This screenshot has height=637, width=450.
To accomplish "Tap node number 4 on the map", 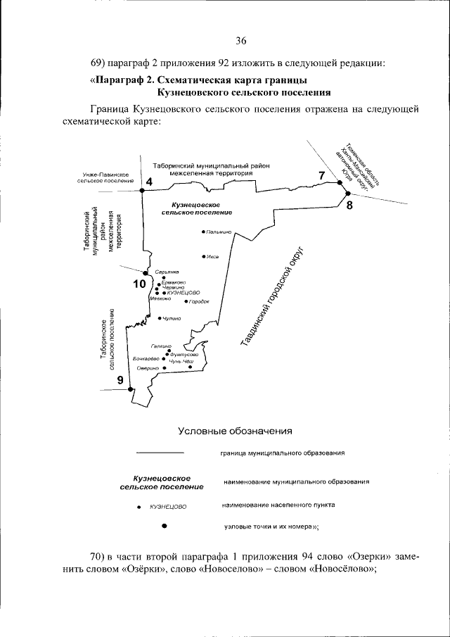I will pos(148,182).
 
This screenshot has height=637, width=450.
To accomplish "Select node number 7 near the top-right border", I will pos(322,175).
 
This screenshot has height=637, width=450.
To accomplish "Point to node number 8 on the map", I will pos(349,206).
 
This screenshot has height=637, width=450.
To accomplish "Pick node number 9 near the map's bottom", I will pos(120,380).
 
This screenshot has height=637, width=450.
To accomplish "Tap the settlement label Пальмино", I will pos(219,232).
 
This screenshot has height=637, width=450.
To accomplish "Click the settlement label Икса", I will pos(212,257).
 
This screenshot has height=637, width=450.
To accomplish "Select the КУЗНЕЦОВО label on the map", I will pos(184,292).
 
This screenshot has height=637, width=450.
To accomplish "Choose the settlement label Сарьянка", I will pos(167,272).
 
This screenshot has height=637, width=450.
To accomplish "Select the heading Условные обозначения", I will pos(234,430).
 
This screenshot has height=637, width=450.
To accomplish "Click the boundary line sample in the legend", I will pos(160,452).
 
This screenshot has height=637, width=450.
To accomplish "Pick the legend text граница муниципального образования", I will pos(282,453).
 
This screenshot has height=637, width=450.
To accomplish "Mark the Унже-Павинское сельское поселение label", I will pos(105,177).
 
